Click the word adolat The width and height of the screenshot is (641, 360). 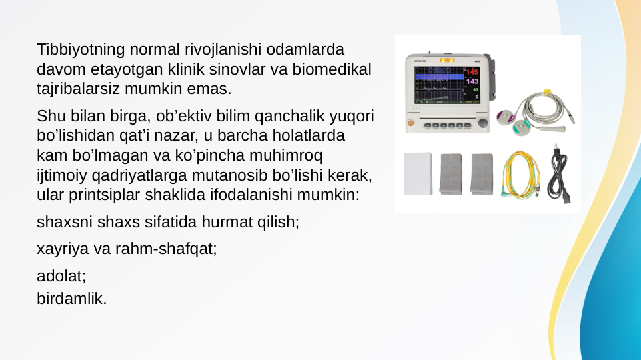click(60, 275)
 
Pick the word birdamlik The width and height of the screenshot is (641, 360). click(71, 299)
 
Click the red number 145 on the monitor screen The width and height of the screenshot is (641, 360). click(472, 71)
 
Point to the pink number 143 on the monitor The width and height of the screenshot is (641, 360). click(472, 81)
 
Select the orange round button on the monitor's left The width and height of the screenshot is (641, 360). click(410, 123)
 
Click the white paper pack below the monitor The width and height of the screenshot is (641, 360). click(418, 173)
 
